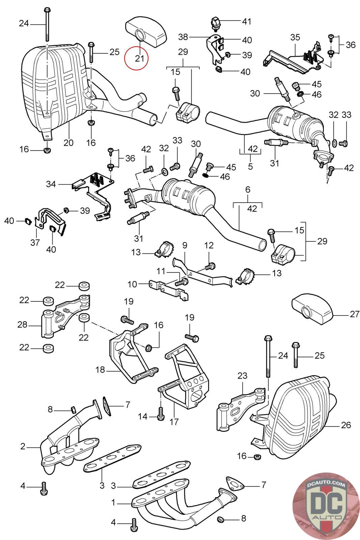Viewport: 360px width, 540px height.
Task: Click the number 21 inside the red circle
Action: click(x=139, y=58)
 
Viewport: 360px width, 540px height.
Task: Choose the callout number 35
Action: click(x=295, y=37)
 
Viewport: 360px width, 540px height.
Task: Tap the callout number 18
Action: click(x=100, y=370)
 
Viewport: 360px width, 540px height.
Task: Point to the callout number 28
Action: click(x=22, y=325)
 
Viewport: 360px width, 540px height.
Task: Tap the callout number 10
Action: click(x=132, y=284)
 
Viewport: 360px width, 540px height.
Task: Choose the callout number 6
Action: click(x=248, y=190)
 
